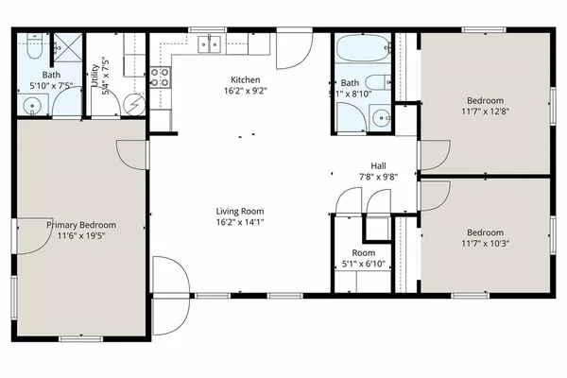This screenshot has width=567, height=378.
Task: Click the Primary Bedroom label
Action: (x=82, y=225)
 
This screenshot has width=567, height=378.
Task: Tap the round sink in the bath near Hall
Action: (x=380, y=118)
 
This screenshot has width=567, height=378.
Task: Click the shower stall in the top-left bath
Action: (x=66, y=45)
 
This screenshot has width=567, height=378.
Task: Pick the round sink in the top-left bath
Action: (x=32, y=106)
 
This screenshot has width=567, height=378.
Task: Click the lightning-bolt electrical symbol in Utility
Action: (x=135, y=102)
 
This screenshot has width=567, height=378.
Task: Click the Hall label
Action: (x=378, y=164)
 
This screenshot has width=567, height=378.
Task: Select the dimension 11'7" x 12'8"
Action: (x=485, y=112)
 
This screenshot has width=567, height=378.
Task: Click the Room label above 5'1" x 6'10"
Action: (x=363, y=253)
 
